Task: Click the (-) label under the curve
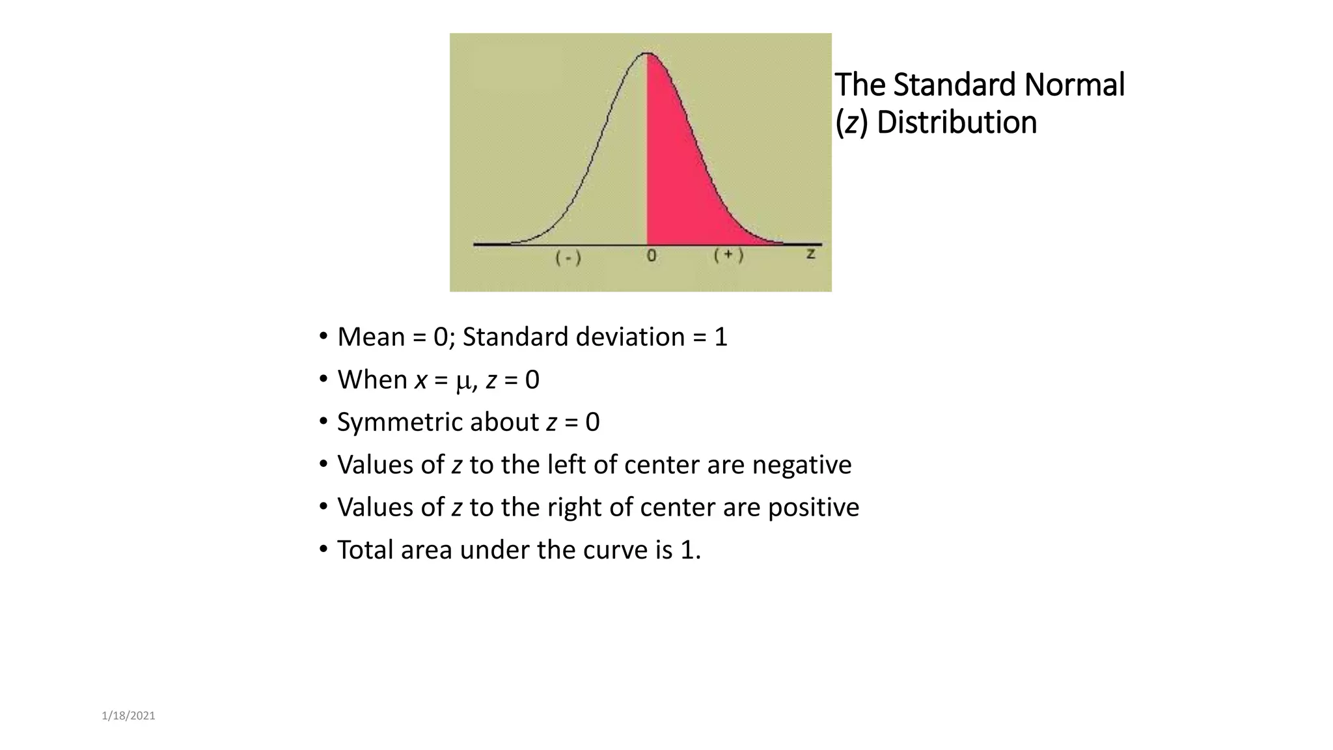[x=568, y=258]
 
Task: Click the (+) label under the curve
[x=728, y=255]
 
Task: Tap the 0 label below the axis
[x=652, y=256]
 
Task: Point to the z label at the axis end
[x=810, y=253]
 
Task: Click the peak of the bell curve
[x=647, y=53]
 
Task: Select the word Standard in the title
[x=954, y=85]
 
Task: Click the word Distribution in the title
[x=956, y=122]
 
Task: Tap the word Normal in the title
[x=1074, y=85]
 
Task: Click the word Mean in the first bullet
[x=371, y=337]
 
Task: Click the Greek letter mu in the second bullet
[x=463, y=381]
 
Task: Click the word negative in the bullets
[x=801, y=465]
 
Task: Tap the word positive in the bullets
[x=813, y=508]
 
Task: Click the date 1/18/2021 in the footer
[x=128, y=716]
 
